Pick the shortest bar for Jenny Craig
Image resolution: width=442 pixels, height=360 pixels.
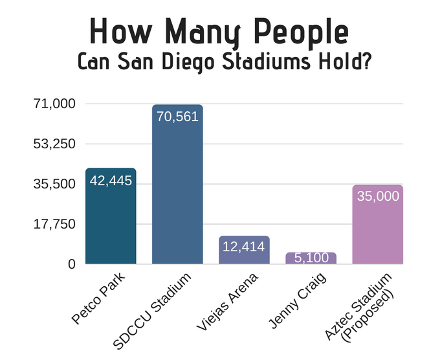tap(311, 258)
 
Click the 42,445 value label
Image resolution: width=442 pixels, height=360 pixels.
tap(111, 181)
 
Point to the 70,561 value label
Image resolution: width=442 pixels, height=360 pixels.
tap(177, 117)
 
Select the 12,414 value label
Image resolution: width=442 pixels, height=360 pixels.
tap(244, 247)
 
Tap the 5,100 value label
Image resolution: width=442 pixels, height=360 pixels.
tap(311, 258)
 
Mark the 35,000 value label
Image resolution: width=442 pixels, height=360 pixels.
tap(378, 196)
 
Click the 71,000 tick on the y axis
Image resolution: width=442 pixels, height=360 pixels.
tap(54, 104)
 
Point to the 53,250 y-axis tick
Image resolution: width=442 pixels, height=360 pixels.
tap(54, 144)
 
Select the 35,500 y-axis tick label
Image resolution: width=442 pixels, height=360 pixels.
tap(54, 184)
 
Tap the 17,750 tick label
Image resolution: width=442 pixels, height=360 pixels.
tap(54, 224)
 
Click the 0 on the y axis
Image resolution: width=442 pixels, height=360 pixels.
tap(71, 264)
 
